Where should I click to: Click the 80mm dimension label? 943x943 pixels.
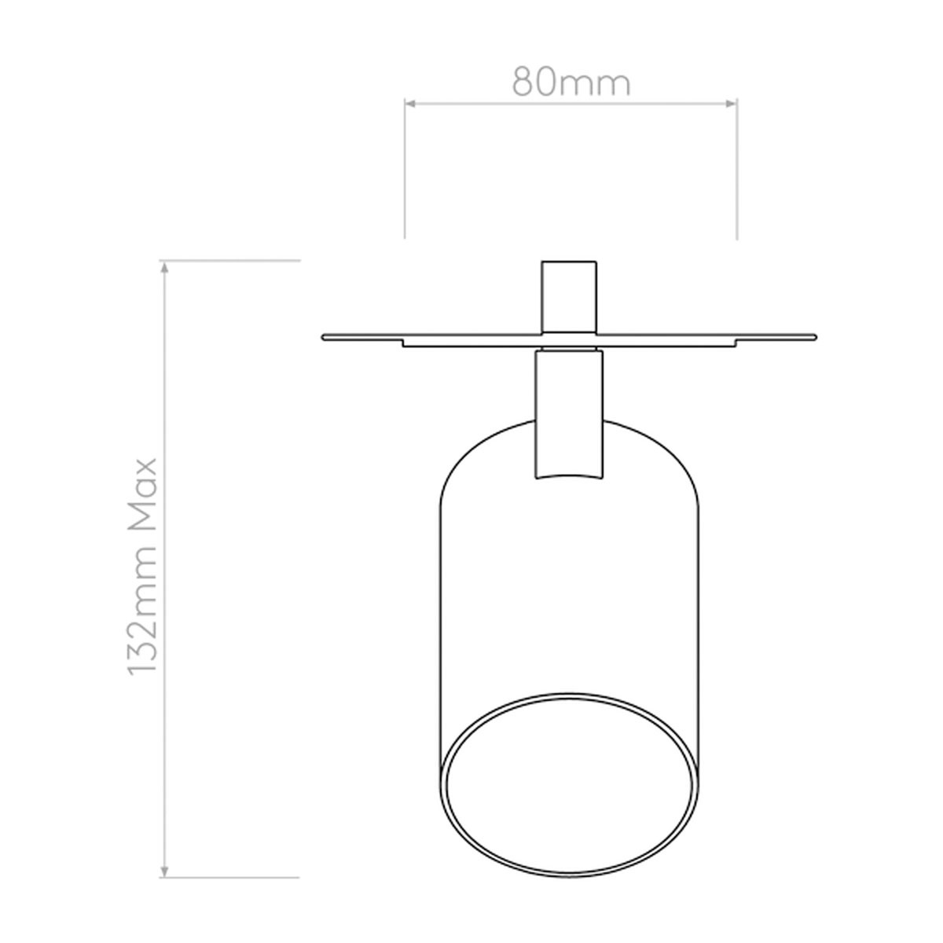click(x=571, y=81)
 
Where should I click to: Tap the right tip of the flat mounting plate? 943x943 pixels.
click(x=812, y=338)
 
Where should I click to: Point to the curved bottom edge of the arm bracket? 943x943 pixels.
click(x=569, y=474)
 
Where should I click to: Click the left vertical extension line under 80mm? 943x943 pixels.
click(x=405, y=173)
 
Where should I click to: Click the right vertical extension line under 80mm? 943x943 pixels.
click(x=736, y=173)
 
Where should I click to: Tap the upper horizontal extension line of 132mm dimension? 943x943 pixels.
click(x=236, y=259)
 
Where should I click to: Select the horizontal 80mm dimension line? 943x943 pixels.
click(x=571, y=101)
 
